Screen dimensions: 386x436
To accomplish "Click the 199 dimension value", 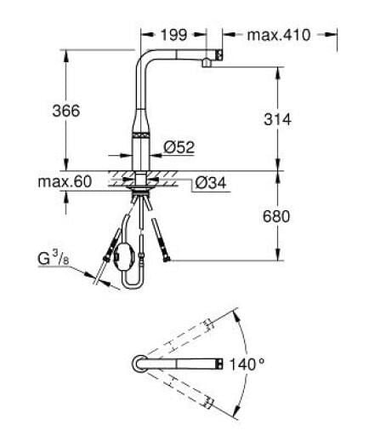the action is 173,35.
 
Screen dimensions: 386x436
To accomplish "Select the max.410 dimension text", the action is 279,35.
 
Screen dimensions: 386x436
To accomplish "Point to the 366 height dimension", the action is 66,111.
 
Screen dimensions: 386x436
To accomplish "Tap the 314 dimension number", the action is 277,119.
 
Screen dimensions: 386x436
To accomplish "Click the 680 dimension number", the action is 276,216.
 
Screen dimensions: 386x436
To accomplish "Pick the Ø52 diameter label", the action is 179,147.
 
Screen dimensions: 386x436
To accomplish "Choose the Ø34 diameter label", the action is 211,183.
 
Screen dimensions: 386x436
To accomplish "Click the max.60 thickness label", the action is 65,181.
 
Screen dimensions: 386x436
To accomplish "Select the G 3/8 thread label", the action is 54,259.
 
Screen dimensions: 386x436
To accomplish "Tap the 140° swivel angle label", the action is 247,364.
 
